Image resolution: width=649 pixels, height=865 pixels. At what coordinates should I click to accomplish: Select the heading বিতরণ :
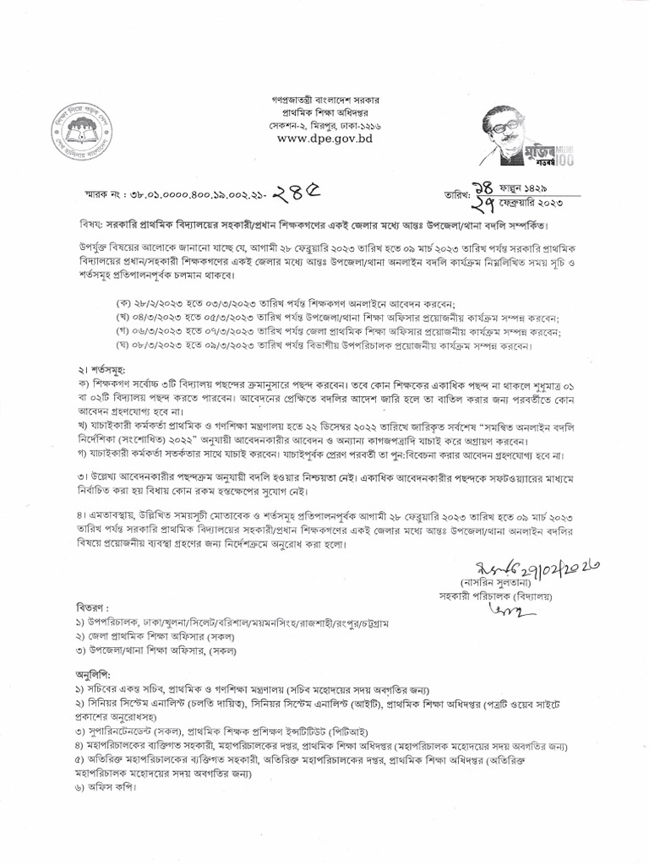pos(89,607)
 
